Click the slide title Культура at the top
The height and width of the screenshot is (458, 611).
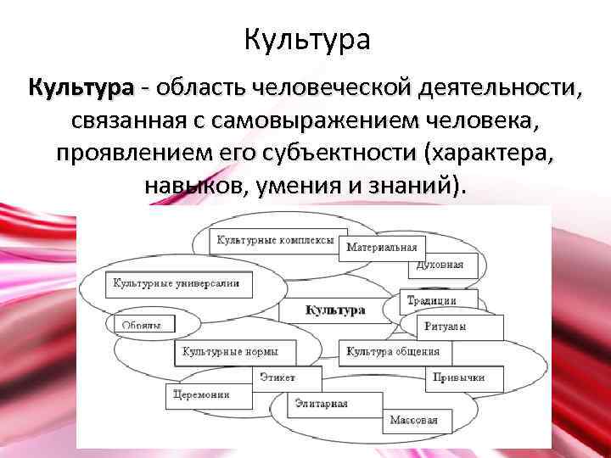pos(306,39)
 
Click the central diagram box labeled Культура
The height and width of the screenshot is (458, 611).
pos(336,310)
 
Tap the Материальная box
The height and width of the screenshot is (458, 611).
pos(382,248)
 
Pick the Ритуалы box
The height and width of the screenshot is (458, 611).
pos(459,327)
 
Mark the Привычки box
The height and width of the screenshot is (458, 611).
pos(458,377)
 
